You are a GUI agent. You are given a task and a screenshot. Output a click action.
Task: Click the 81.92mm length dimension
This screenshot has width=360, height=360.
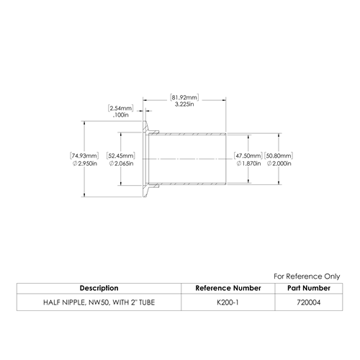[184, 97]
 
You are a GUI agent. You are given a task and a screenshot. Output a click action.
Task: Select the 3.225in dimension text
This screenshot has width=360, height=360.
[184, 104]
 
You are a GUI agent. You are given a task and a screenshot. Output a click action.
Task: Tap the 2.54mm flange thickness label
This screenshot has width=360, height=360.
[120, 108]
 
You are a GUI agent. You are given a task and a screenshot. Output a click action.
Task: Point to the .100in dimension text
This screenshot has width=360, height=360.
[121, 115]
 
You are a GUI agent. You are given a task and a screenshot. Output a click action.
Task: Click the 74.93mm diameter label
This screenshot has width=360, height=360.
[84, 156]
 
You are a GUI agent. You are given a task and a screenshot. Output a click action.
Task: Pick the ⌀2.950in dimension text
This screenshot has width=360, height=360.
[85, 163]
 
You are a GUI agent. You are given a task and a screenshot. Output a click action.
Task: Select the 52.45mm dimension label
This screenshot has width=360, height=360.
[121, 156]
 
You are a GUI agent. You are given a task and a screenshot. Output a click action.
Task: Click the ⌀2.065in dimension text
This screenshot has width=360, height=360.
[121, 163]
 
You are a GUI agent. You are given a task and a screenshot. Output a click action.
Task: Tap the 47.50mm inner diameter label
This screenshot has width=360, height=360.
[248, 156]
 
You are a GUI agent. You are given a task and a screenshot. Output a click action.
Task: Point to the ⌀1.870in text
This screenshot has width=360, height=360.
[248, 163]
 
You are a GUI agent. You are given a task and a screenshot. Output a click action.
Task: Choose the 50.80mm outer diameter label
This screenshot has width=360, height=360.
[279, 156]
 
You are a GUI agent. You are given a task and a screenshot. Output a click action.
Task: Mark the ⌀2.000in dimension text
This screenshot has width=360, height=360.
[279, 163]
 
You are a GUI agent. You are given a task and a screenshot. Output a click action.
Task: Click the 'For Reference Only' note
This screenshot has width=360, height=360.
[307, 276]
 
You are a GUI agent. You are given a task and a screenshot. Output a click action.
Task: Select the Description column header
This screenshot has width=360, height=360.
[99, 288]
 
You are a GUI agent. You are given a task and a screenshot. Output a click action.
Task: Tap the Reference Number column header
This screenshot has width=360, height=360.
[228, 288]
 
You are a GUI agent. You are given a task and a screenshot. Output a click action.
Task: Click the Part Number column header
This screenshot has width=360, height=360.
[309, 288]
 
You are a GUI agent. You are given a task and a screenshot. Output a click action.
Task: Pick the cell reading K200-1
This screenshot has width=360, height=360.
[228, 302]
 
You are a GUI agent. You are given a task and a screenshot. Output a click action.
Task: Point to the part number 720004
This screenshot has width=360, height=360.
[309, 302]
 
